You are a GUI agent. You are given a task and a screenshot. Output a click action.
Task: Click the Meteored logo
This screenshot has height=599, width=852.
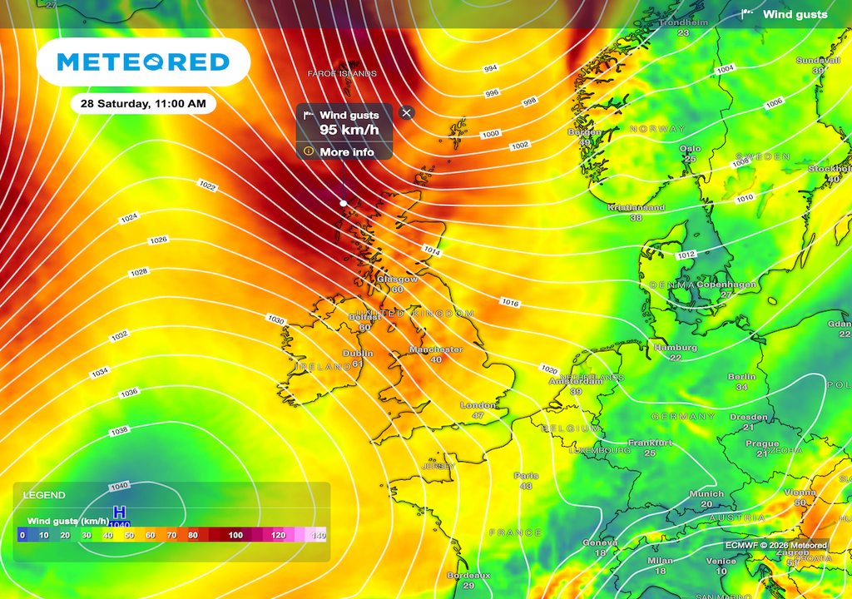pyautogui.click(x=143, y=62)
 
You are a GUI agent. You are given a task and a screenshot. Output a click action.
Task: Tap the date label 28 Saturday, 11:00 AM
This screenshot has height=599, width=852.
pyautogui.click(x=143, y=104)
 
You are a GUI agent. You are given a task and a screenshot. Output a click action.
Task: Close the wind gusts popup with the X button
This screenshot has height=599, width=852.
pyautogui.click(x=406, y=112)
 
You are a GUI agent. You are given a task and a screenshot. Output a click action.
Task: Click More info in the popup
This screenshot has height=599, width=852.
pyautogui.click(x=346, y=152)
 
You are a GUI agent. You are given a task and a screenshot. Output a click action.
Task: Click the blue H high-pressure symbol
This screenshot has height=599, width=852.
pyautogui.click(x=120, y=512)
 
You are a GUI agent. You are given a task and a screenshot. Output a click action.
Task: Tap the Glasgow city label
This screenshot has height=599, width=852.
pyautogui.click(x=398, y=280)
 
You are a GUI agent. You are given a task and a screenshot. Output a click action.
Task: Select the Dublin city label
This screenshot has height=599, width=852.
pyautogui.click(x=359, y=353)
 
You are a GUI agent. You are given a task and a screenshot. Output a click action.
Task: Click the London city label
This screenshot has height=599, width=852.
pyautogui.click(x=478, y=405)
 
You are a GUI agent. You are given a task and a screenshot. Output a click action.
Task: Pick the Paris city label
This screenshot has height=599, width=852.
pyautogui.click(x=526, y=476)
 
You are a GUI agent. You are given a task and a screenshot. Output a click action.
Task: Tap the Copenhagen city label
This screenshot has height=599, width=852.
pyautogui.click(x=726, y=285)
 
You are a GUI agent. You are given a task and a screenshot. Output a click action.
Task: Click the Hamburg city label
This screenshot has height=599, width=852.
pyautogui.click(x=675, y=347)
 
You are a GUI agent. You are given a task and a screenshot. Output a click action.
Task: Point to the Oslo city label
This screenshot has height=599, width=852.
pyautogui.click(x=691, y=149)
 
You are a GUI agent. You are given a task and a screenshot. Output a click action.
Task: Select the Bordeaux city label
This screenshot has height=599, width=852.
pyautogui.click(x=468, y=576)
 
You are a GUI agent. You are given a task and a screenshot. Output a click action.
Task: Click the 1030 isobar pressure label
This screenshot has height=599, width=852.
pyautogui.click(x=276, y=319)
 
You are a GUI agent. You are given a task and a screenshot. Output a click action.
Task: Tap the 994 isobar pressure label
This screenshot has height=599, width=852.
pyautogui.click(x=491, y=68)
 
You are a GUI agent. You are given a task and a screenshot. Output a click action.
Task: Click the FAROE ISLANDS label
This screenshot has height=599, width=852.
pyautogui.click(x=342, y=73)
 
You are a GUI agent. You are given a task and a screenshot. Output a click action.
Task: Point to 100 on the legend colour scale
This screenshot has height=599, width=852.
pyautogui.click(x=235, y=535)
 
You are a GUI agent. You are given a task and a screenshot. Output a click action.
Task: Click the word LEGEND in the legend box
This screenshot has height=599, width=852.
pyautogui.click(x=44, y=495)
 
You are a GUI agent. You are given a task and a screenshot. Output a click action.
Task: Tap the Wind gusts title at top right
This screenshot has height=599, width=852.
pyautogui.click(x=795, y=14)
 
